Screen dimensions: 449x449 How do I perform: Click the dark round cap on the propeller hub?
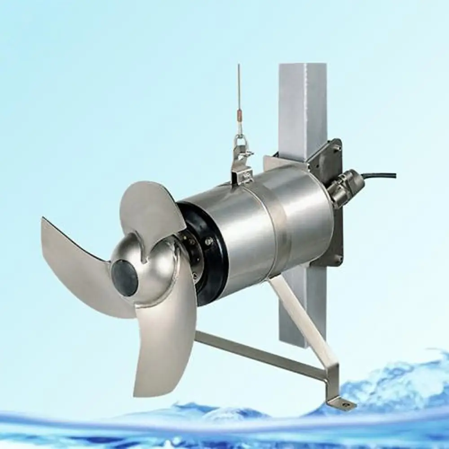[x=124, y=278]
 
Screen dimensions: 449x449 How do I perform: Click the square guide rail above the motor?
[x=302, y=108]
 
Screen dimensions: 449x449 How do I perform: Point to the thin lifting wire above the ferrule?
[x=239, y=85]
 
